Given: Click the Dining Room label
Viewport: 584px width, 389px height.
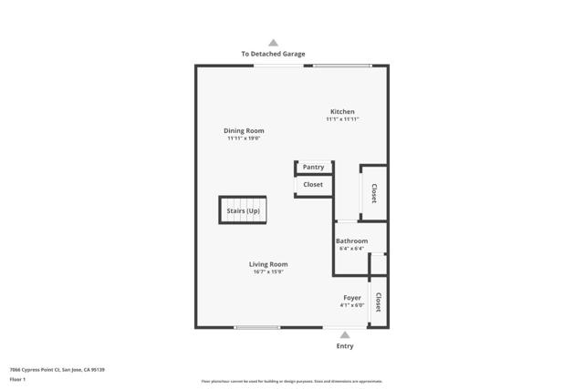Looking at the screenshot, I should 244,130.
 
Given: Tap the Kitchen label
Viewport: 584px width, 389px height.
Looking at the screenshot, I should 342,111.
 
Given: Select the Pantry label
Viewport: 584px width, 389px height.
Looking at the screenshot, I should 313,168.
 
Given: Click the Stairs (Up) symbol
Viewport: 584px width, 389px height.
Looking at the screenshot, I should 243,210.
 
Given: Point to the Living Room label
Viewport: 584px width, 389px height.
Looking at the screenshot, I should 269,264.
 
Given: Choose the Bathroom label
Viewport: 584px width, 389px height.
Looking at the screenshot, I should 351,241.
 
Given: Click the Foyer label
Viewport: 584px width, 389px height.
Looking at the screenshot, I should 351,297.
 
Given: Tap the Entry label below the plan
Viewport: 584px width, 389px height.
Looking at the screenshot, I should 345,346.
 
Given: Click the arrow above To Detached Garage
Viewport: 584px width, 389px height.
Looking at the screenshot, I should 273,42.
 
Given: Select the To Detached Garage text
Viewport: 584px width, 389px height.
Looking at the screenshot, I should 273,54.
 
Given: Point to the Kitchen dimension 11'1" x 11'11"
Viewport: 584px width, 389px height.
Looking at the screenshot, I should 342,119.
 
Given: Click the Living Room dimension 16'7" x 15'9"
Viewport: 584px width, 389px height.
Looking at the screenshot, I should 269,271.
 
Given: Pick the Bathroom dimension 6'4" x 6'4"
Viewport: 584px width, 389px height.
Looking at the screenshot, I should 351,249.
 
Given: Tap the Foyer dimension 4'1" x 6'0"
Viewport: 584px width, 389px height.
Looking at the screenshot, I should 351,305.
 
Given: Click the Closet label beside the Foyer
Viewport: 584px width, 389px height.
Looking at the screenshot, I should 378,302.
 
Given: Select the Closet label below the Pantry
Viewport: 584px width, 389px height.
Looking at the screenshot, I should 313,185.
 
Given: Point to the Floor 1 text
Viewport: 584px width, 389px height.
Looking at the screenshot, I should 17,379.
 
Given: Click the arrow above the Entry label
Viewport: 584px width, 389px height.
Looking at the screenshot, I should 345,334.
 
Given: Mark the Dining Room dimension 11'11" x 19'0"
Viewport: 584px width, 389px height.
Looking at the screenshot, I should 244,138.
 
